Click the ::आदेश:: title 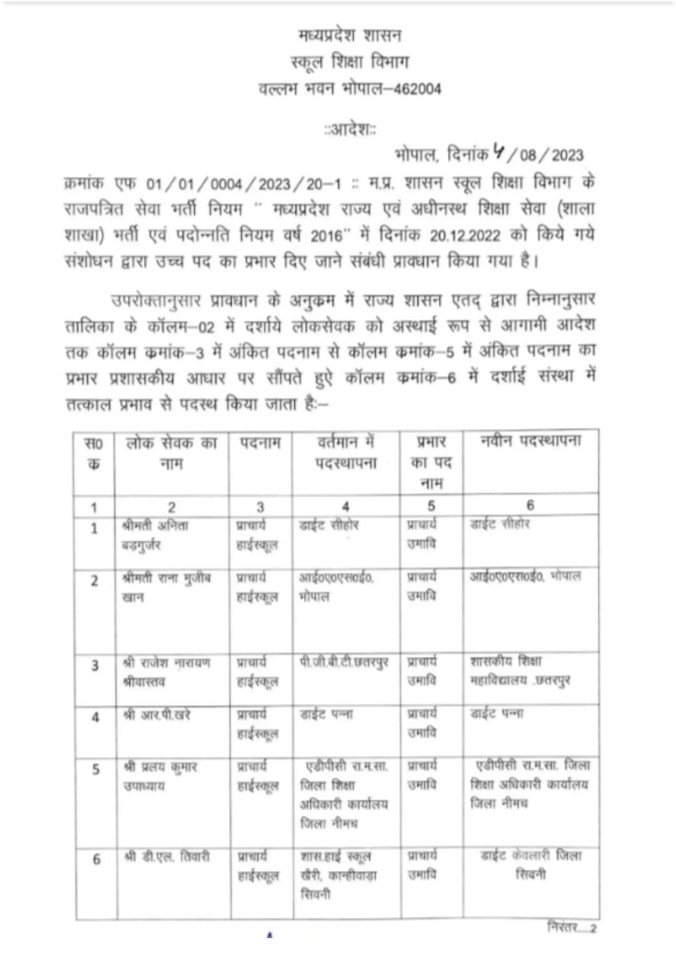(350, 131)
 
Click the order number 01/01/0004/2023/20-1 (244, 184)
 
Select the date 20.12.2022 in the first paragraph (465, 236)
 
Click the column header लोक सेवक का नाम (172, 453)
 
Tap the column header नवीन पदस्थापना (531, 441)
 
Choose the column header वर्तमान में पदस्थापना (346, 452)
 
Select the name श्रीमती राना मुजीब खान (166, 587)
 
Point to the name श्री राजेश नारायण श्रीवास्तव (166, 671)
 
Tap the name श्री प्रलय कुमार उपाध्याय (160, 775)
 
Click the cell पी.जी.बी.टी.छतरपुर (344, 662)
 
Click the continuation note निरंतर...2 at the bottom (571, 927)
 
